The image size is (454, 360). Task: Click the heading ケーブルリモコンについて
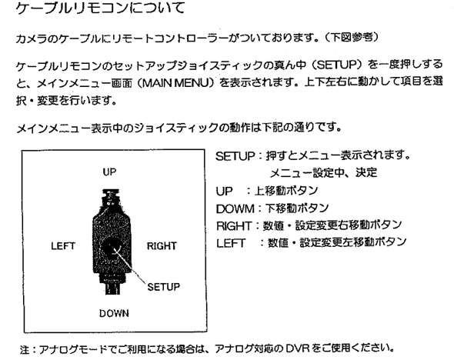point(100,8)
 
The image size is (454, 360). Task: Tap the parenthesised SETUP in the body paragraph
point(336,65)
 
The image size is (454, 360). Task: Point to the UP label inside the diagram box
point(109,172)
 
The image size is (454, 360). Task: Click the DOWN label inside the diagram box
point(114,313)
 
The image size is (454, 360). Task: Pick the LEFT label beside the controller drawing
point(63,246)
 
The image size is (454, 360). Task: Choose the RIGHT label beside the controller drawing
point(162,246)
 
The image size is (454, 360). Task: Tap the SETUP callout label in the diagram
point(164,287)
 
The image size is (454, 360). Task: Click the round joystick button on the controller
point(111,247)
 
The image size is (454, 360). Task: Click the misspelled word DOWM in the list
point(235,208)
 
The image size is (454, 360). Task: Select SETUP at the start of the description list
point(235,157)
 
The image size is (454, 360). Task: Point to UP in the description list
point(224,192)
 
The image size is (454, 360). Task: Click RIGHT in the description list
point(234,225)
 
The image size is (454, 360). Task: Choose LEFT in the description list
point(231,243)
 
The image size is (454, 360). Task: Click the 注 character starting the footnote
point(25,349)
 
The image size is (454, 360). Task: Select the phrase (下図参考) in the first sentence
point(351,38)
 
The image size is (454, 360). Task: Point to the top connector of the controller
point(110,198)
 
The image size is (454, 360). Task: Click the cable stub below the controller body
point(112,288)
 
